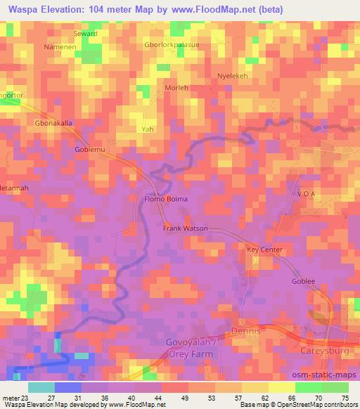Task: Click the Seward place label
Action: pyautogui.click(x=84, y=34)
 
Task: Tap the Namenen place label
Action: pyautogui.click(x=59, y=46)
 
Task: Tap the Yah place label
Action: pyautogui.click(x=148, y=130)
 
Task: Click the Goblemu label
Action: pyautogui.click(x=89, y=150)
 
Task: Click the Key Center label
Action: pyautogui.click(x=264, y=250)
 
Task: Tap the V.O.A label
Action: pyautogui.click(x=309, y=195)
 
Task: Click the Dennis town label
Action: pyautogui.click(x=247, y=330)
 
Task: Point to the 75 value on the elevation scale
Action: pyautogui.click(x=345, y=397)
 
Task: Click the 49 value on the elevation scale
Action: pyautogui.click(x=174, y=397)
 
